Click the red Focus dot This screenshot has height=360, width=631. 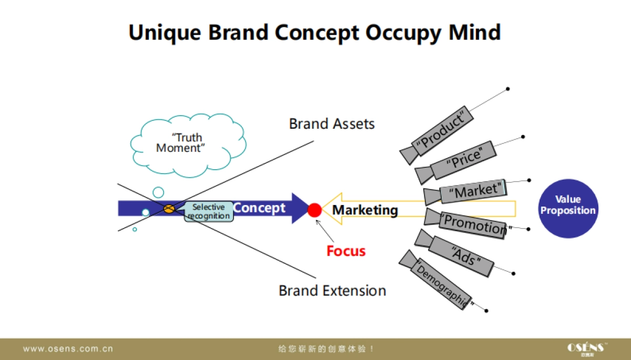click(x=314, y=210)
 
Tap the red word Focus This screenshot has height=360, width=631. click(x=346, y=251)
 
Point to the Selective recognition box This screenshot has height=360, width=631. click(x=209, y=211)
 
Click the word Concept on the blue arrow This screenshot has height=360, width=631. click(x=259, y=208)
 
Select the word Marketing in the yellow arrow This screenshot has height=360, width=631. click(x=365, y=210)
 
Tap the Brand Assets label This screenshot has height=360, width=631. click(x=332, y=124)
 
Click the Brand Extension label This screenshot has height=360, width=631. click(x=332, y=291)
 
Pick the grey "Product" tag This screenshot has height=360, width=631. click(x=441, y=129)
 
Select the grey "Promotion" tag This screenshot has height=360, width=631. click(x=474, y=224)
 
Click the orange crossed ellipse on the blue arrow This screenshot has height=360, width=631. click(x=169, y=209)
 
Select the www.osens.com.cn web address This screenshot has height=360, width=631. click(x=68, y=348)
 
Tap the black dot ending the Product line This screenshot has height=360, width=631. click(x=507, y=89)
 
